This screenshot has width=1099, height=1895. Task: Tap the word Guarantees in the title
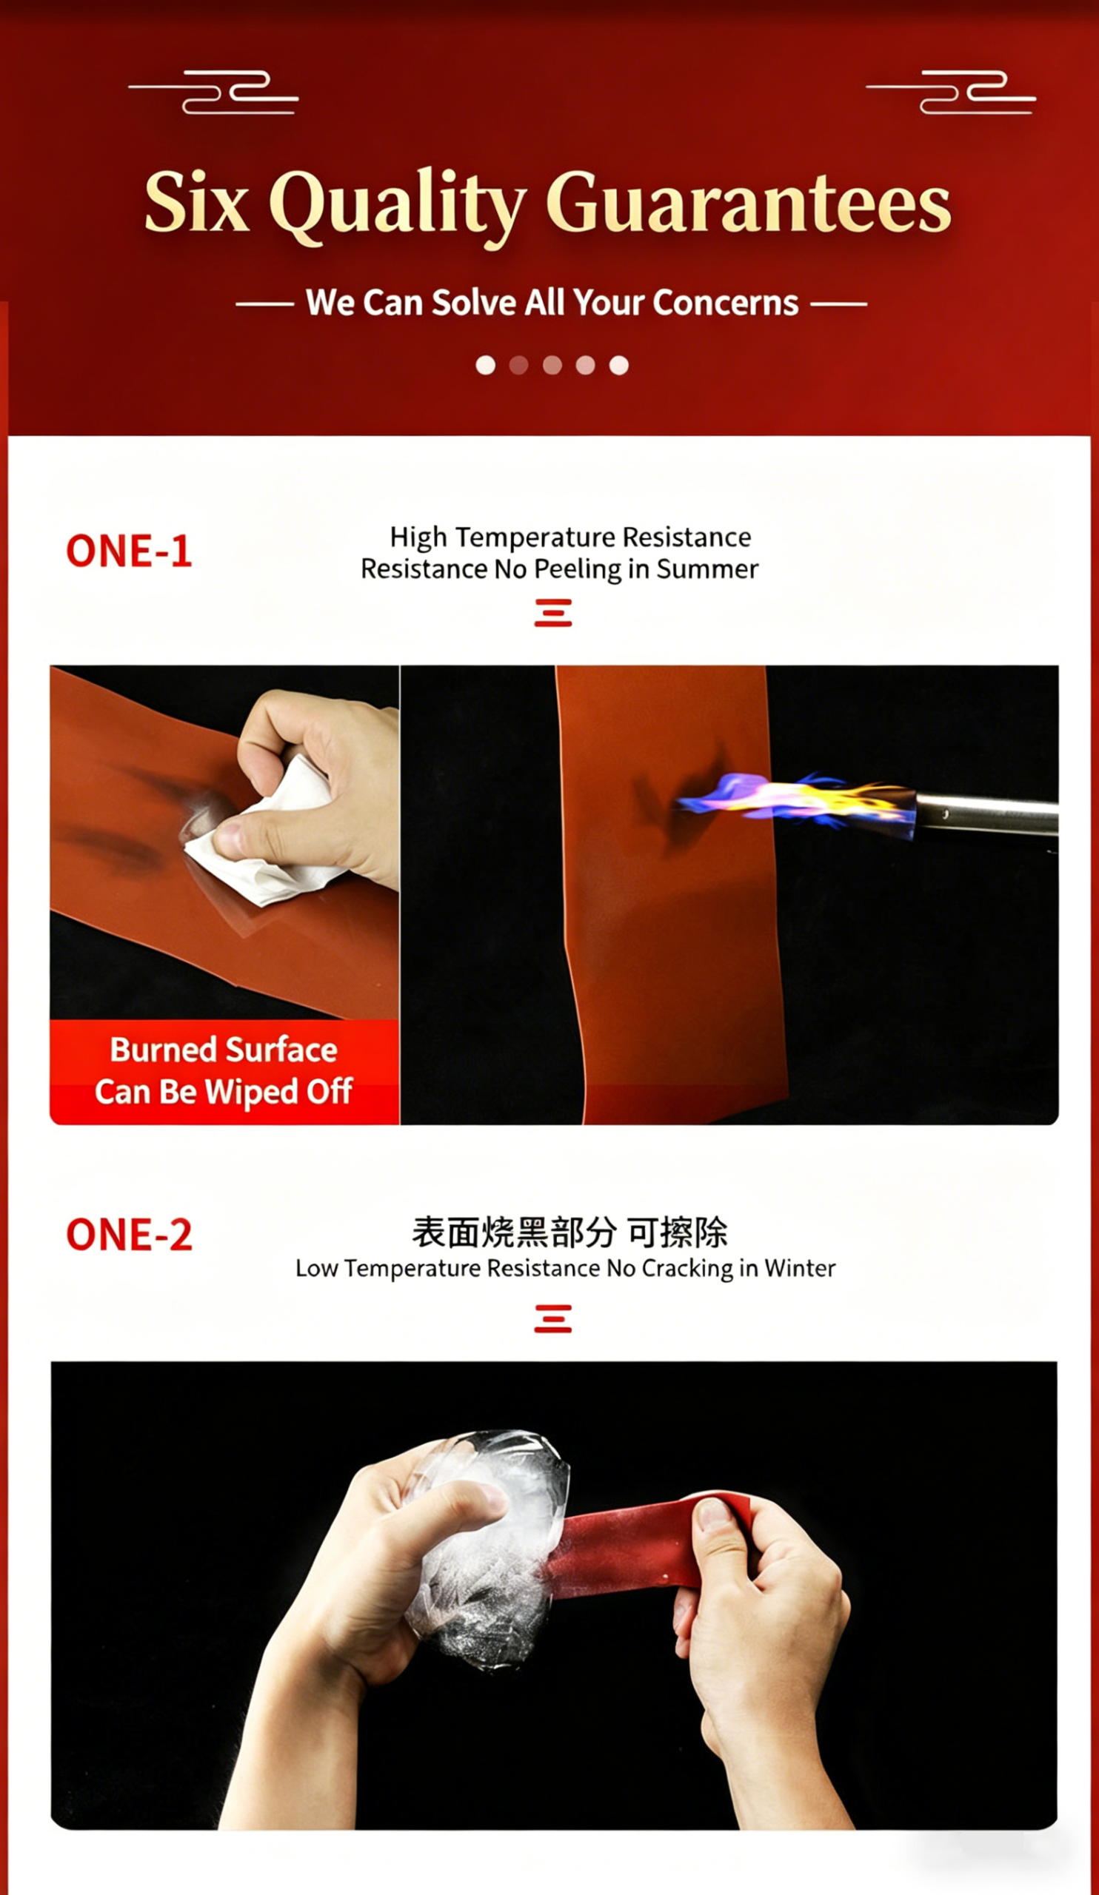pyautogui.click(x=749, y=203)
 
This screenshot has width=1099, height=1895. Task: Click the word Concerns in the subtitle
pyautogui.click(x=725, y=303)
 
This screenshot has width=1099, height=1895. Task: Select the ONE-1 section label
pyautogui.click(x=129, y=551)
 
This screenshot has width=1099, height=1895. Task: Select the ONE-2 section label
pyautogui.click(x=129, y=1235)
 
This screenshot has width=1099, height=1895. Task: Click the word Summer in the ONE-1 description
pyautogui.click(x=707, y=569)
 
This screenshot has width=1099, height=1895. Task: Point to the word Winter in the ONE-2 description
pyautogui.click(x=800, y=1269)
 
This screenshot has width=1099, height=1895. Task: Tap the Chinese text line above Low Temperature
pyautogui.click(x=569, y=1232)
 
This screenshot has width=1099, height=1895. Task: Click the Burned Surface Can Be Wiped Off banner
pyautogui.click(x=224, y=1072)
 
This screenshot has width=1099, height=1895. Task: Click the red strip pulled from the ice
pyautogui.click(x=647, y=1542)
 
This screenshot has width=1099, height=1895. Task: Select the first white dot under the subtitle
pyautogui.click(x=486, y=366)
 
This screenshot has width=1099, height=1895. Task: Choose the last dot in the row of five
pyautogui.click(x=619, y=366)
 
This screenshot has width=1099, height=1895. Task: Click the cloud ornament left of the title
pyautogui.click(x=213, y=93)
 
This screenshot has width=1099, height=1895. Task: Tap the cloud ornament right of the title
pyautogui.click(x=951, y=93)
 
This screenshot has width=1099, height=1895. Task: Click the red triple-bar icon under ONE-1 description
pyautogui.click(x=553, y=613)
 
